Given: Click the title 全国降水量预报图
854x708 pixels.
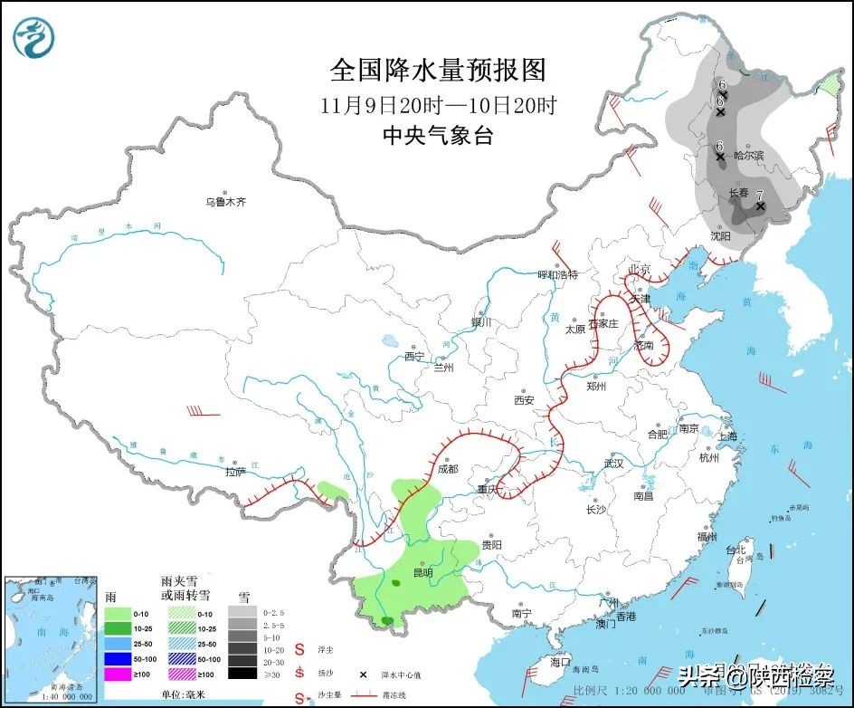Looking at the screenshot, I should [x=439, y=70].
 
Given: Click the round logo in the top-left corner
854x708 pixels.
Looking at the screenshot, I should [x=34, y=38].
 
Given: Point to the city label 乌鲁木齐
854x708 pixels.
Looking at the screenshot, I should [x=225, y=202].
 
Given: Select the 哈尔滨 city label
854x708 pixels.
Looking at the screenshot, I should [x=748, y=156].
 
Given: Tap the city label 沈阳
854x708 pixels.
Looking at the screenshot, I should [x=720, y=235].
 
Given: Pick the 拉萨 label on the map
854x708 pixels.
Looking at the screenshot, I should [x=235, y=472].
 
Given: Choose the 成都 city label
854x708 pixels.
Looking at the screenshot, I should [x=447, y=469].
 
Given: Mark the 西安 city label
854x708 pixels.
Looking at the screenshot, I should [x=524, y=399].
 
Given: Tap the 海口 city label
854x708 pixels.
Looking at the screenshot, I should [x=561, y=662].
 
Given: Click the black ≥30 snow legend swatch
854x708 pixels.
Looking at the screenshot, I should [x=241, y=673].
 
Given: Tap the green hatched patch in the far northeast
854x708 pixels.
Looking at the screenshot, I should [x=828, y=86].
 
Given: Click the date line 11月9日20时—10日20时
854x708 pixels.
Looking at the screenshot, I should [x=439, y=104].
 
